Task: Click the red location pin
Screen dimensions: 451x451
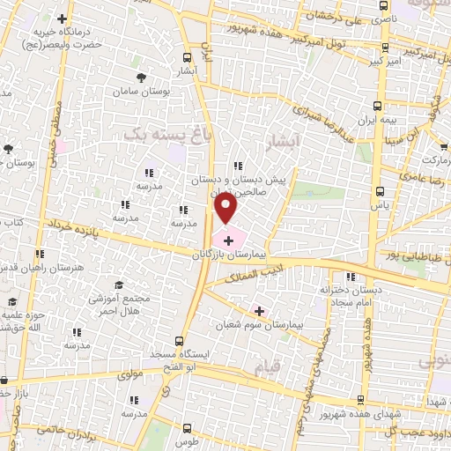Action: click(x=226, y=208)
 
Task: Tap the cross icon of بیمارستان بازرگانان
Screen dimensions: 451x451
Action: click(x=228, y=239)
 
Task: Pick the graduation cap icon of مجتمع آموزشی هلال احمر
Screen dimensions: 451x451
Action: click(x=119, y=285)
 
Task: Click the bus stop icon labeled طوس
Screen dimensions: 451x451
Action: click(x=183, y=430)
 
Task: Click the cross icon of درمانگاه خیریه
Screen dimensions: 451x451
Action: click(x=62, y=18)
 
